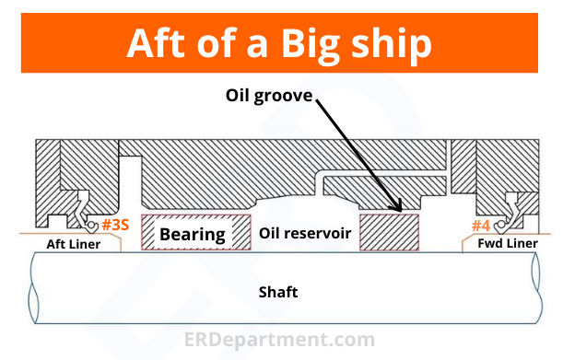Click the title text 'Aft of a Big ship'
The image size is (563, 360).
[281, 42]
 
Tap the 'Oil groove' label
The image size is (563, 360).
[270, 94]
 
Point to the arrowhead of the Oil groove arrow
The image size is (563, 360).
[398, 212]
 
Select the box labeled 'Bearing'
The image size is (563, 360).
[193, 233]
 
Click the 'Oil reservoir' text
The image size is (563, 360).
[304, 234]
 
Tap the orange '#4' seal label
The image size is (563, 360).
[481, 226]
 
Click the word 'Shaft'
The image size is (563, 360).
[283, 292]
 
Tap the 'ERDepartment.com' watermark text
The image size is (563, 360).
[281, 340]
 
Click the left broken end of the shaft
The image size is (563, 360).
[33, 288]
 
